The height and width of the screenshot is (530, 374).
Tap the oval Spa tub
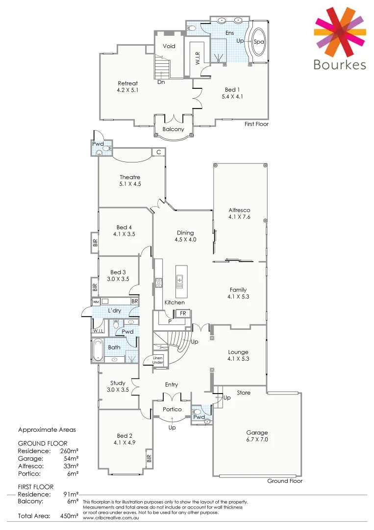258,42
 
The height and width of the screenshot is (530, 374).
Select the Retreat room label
127,83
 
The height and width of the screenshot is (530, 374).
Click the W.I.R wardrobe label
197,59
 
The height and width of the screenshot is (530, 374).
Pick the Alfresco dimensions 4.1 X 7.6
239,216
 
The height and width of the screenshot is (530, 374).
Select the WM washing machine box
96,302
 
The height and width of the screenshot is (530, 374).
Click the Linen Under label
158,360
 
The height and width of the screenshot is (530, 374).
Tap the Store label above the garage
243,393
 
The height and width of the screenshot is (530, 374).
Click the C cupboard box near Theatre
158,153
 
